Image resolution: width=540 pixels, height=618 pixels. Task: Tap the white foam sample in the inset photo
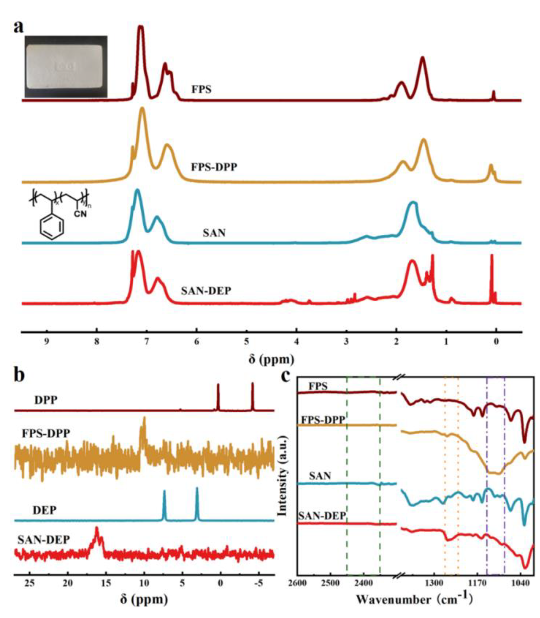pos(65,66)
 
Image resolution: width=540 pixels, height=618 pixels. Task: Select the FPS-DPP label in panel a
pos(214,167)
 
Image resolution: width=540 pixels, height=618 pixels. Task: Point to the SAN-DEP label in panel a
pos(206,291)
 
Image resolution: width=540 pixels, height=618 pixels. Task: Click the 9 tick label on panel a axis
pos(46,342)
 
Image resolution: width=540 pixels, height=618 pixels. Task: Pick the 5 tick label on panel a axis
pos(247,342)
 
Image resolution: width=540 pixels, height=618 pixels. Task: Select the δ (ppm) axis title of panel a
pos(272,359)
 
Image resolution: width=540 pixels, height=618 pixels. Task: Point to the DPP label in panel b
pos(46,400)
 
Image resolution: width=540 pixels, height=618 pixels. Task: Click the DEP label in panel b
pos(45,510)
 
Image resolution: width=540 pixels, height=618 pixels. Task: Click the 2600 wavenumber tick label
pos(297,583)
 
